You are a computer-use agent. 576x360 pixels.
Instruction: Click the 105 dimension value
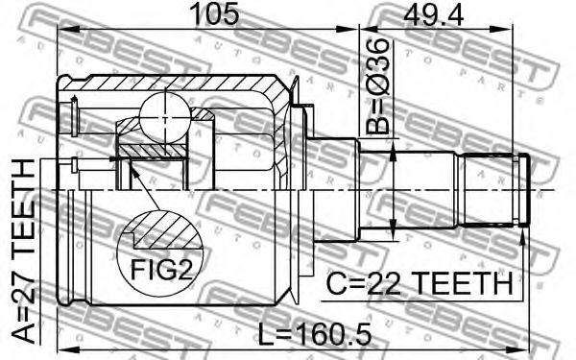pos(216,13)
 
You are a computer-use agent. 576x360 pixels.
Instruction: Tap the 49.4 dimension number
pos(434,13)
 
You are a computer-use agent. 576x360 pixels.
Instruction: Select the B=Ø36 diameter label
pos(377,85)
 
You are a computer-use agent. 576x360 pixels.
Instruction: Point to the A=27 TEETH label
pos(24,252)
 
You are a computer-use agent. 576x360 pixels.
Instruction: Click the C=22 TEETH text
pos(420,283)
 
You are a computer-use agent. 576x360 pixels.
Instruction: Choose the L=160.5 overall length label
pos(315,333)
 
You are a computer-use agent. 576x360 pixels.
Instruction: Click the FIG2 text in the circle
pos(161,269)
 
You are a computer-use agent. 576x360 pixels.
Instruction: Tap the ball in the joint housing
pos(164,117)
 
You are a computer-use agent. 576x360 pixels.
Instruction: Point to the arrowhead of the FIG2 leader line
pos(133,170)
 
